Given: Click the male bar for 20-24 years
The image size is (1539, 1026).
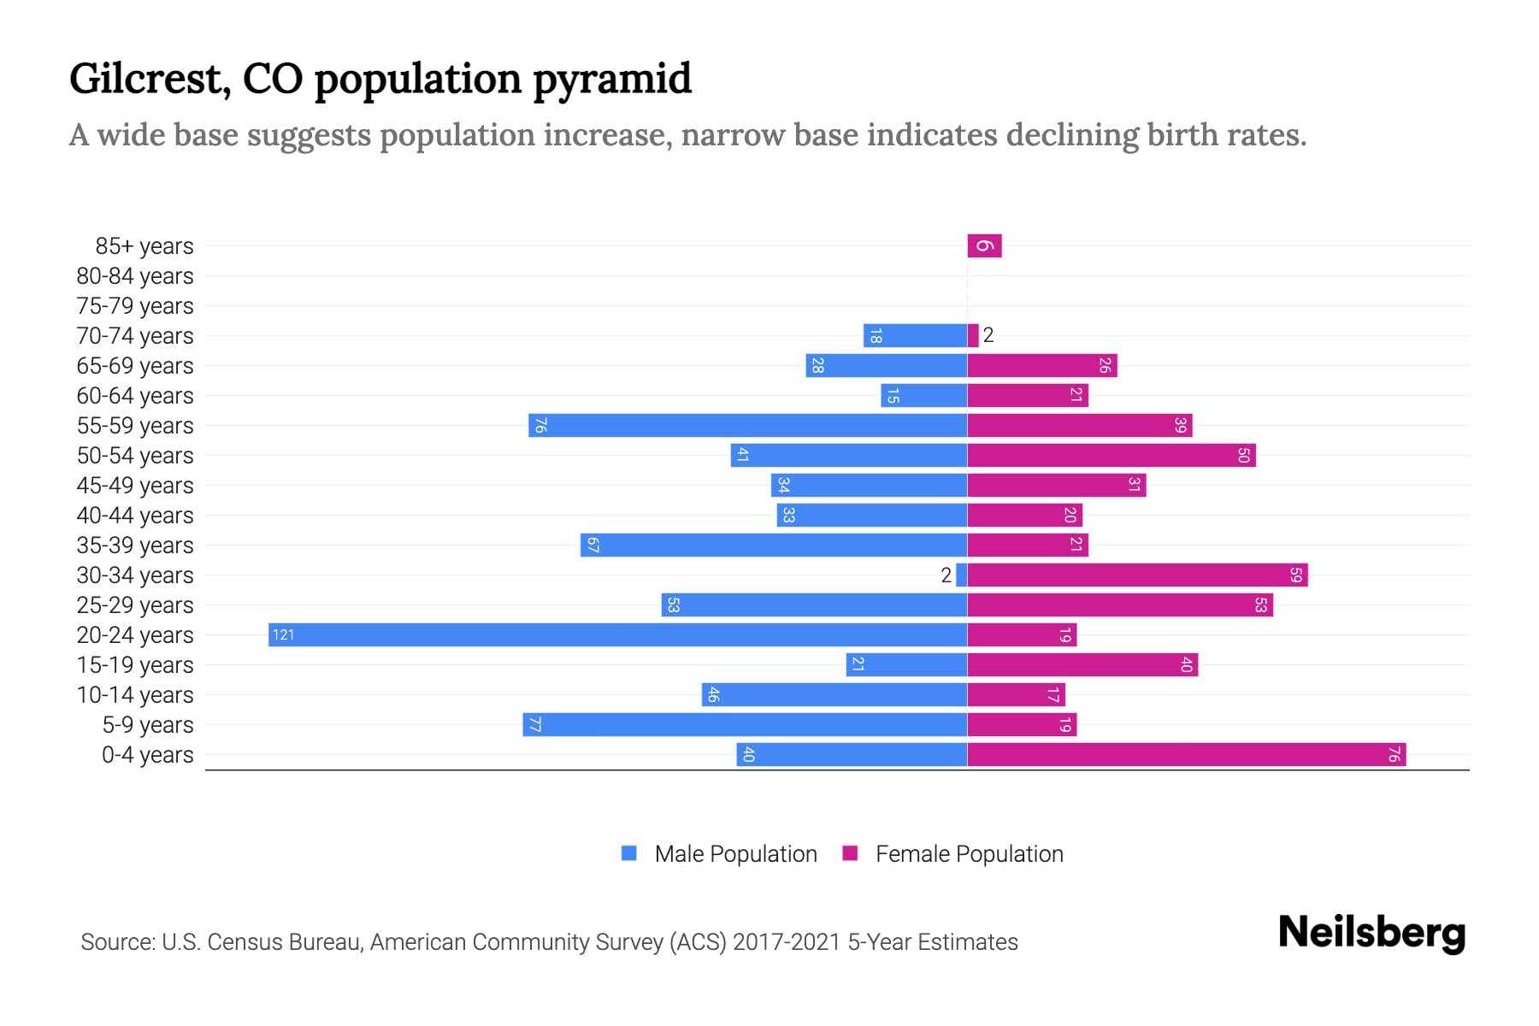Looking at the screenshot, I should click(617, 634).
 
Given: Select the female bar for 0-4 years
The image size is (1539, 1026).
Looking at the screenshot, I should click(1187, 754).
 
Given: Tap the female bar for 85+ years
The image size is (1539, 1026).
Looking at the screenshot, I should click(984, 246).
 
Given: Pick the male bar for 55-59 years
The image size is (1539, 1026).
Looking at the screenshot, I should click(747, 425).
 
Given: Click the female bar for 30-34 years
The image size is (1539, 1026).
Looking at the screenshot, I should click(1137, 575).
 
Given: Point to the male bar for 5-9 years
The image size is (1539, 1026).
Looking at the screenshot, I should click(745, 724).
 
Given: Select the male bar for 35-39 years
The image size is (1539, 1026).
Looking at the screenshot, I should click(774, 545).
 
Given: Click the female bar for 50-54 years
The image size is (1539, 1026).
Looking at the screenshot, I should click(1111, 455).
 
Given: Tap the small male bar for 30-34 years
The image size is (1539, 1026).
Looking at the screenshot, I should click(962, 575).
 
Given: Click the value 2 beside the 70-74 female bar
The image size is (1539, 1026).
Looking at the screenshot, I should click(988, 335).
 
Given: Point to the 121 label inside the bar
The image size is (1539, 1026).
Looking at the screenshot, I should click(283, 634).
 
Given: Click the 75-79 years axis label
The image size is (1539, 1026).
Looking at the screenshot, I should click(135, 306).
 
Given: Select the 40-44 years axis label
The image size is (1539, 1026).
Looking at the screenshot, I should click(135, 516).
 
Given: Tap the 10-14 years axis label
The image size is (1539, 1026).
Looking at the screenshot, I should click(135, 695).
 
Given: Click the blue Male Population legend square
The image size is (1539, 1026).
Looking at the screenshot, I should click(629, 853).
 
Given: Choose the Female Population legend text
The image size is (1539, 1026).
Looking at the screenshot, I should click(969, 853).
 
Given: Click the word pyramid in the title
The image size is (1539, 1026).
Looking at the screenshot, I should click(612, 79).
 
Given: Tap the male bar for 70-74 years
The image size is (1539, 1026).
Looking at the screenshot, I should click(915, 335).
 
